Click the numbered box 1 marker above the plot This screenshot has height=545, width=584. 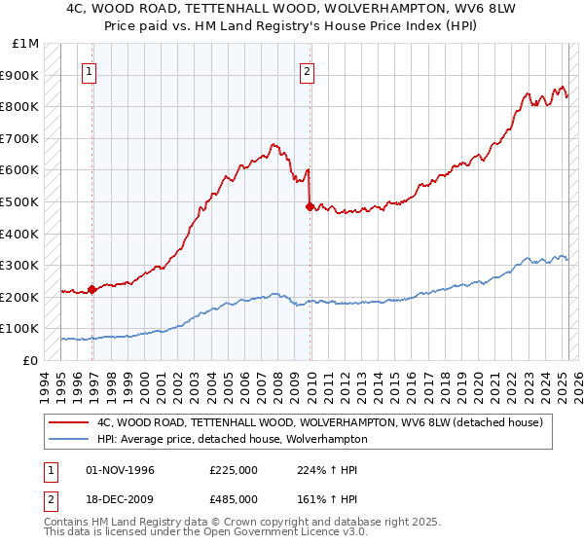[x=89, y=70]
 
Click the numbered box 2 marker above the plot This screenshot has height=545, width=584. [x=307, y=70]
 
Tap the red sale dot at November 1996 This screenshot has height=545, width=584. [x=91, y=289]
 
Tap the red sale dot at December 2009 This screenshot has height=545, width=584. [x=310, y=206]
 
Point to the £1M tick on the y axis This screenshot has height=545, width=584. [x=26, y=44]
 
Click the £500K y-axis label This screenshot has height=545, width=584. [x=21, y=202]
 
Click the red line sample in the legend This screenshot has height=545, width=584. [x=69, y=422]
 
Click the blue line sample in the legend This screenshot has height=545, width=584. [x=69, y=439]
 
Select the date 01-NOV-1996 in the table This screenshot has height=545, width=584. [x=120, y=470]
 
